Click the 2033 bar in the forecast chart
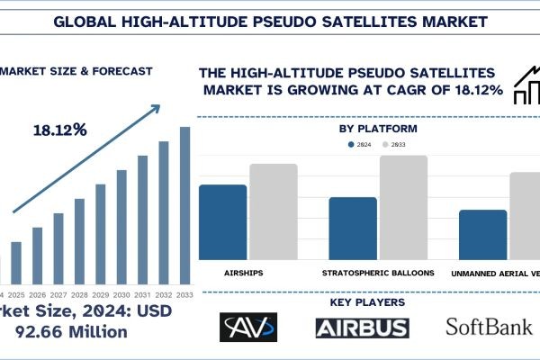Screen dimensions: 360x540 (185, 204)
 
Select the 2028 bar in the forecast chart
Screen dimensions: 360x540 (79, 240)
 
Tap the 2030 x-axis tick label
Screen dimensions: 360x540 (121, 294)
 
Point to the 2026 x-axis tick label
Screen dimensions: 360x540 (37, 294)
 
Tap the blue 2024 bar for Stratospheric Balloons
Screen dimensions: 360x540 (353, 229)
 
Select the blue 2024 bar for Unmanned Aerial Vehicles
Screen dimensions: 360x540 (482, 235)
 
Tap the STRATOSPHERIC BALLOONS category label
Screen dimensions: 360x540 (378, 273)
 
